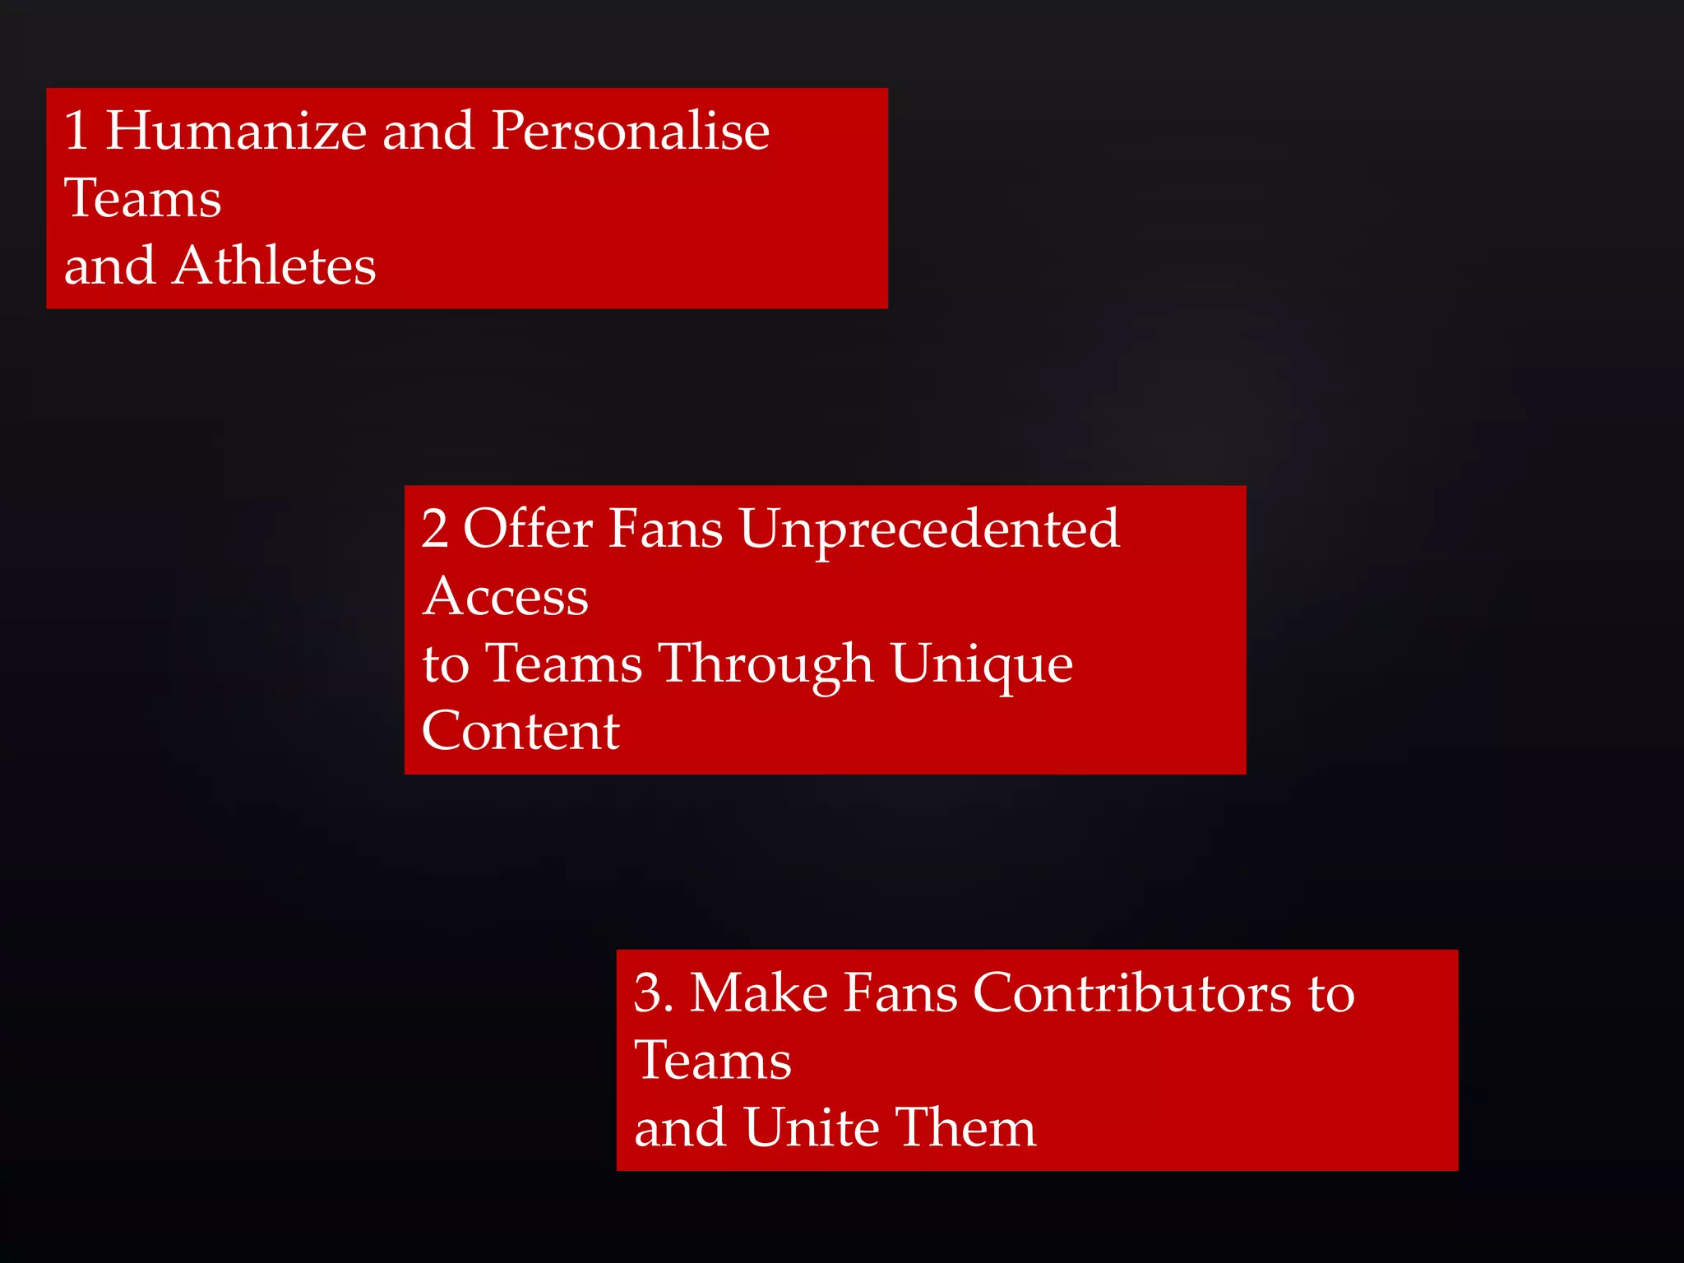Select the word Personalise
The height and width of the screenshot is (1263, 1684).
click(x=630, y=132)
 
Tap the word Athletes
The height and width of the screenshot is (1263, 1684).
click(x=275, y=266)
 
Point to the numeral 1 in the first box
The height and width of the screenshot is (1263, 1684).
click(x=76, y=132)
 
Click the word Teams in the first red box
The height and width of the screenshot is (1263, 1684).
click(x=143, y=199)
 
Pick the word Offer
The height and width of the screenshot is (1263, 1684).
click(x=527, y=529)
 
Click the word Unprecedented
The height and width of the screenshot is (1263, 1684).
click(x=929, y=530)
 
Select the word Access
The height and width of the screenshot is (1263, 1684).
click(x=506, y=596)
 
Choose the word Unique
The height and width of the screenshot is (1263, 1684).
click(x=981, y=665)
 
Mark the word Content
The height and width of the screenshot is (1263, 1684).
click(x=520, y=731)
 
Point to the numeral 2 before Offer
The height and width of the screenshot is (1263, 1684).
click(x=434, y=529)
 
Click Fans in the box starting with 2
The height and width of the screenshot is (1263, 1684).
click(x=665, y=529)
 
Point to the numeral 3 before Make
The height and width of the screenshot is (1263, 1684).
click(x=649, y=992)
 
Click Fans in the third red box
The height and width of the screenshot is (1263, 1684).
click(x=900, y=992)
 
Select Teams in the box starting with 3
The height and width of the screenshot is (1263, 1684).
click(x=713, y=1061)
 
